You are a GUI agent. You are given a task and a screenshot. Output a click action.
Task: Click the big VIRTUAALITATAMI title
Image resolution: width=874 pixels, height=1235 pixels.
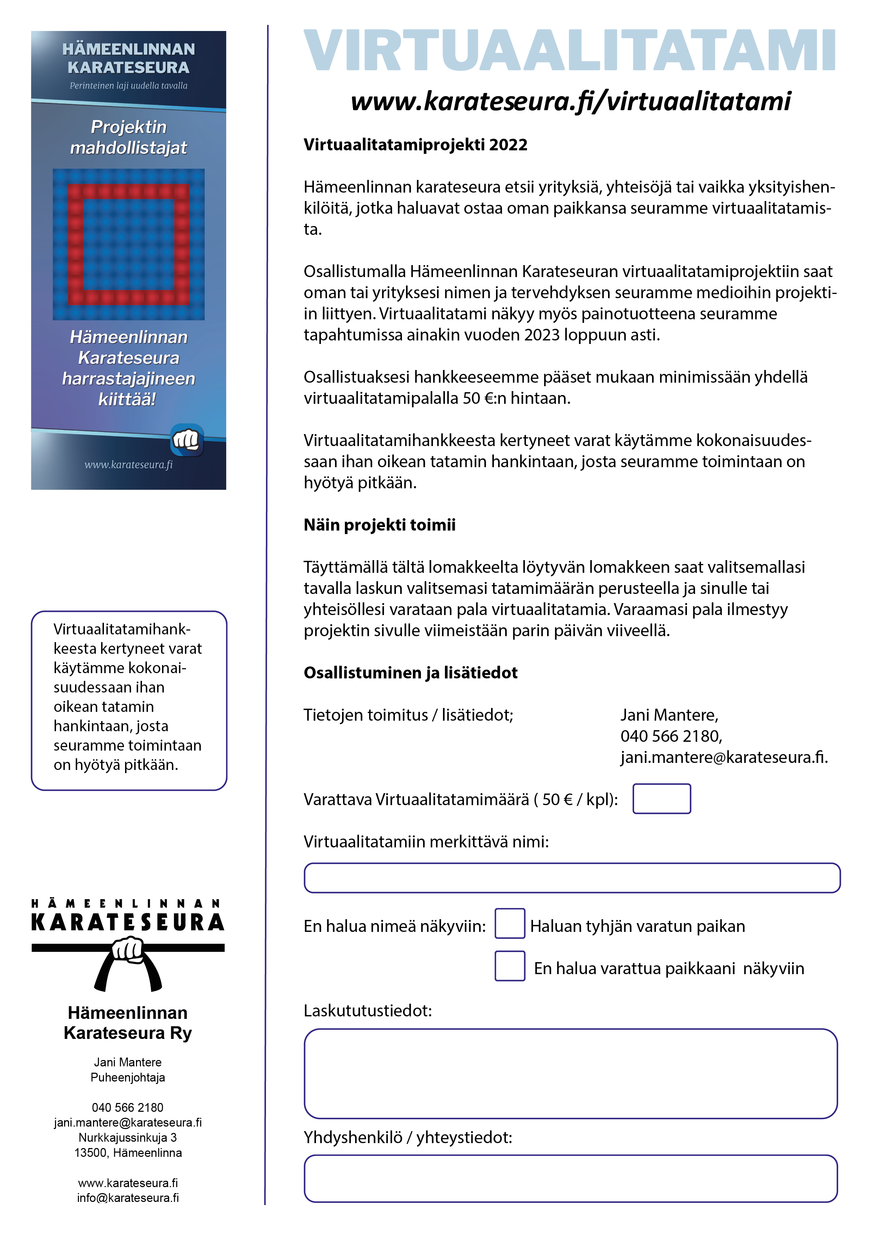[569, 51]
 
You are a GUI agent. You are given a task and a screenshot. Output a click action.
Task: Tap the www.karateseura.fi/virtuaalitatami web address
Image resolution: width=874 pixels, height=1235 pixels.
[570, 101]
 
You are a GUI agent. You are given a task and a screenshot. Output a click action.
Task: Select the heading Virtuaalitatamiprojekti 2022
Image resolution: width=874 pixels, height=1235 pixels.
[415, 145]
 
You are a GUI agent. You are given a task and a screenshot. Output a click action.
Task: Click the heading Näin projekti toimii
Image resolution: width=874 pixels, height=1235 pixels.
[379, 525]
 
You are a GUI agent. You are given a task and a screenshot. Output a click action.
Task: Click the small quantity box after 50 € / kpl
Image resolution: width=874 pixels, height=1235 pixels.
[662, 799]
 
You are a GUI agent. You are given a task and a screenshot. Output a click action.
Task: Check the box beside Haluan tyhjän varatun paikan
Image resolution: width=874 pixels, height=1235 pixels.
[510, 923]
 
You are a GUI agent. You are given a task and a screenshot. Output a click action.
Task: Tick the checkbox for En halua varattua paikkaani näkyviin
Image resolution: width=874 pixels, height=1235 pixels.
[510, 966]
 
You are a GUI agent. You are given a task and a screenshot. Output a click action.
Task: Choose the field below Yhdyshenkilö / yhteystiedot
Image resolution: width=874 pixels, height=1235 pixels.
[570, 1179]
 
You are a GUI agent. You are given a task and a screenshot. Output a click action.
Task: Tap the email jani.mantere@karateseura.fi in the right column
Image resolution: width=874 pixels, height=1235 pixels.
[724, 757]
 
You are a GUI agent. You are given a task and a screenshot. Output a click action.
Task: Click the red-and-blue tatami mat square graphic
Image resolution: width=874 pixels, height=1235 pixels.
[129, 245]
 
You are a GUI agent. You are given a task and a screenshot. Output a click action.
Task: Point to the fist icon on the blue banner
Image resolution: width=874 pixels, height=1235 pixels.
[186, 440]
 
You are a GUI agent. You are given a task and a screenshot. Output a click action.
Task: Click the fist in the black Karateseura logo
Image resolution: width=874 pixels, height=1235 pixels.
[128, 951]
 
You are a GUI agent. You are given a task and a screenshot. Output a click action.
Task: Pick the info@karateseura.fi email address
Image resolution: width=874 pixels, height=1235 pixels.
[128, 1198]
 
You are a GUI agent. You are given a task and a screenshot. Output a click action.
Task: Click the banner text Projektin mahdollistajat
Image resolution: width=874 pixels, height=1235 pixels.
[129, 137]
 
